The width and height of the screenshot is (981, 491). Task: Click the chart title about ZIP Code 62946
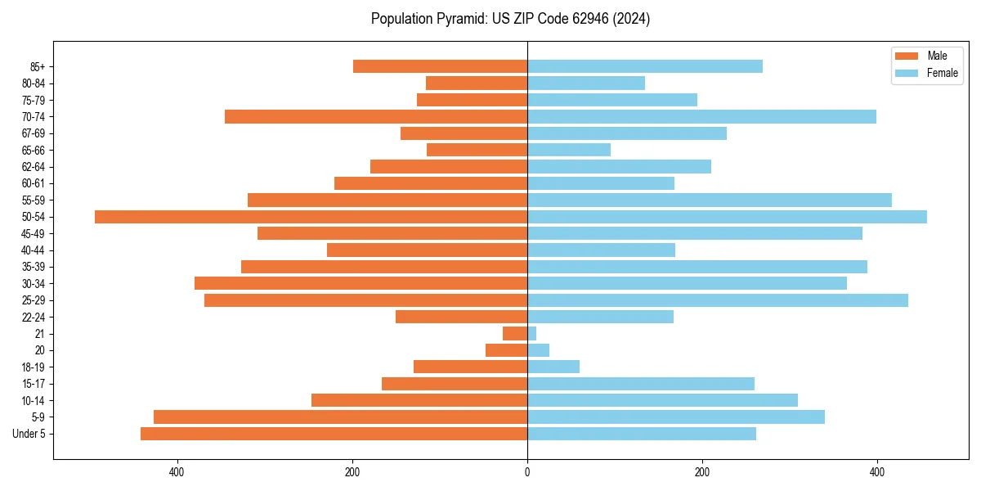[510, 19]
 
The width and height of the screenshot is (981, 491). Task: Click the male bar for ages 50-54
[311, 217]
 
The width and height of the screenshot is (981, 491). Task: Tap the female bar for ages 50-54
[727, 217]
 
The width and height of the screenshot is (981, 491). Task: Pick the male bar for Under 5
[334, 434]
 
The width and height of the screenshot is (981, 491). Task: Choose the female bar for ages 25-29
[718, 300]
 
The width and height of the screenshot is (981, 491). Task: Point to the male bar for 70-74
[376, 117]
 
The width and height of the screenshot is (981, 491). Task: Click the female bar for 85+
[645, 66]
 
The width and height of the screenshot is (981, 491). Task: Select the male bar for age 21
[515, 334]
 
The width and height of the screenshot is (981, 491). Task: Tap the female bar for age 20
[538, 350]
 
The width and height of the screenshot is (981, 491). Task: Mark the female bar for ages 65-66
[569, 150]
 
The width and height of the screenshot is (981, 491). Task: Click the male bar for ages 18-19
[470, 367]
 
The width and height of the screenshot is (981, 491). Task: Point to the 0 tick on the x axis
[527, 472]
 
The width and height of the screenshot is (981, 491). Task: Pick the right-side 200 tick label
[702, 472]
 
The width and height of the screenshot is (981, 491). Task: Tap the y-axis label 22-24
[33, 317]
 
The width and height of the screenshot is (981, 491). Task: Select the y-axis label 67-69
[33, 133]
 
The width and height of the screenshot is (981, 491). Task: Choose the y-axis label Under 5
[29, 434]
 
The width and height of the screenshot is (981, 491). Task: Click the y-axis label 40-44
[33, 250]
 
